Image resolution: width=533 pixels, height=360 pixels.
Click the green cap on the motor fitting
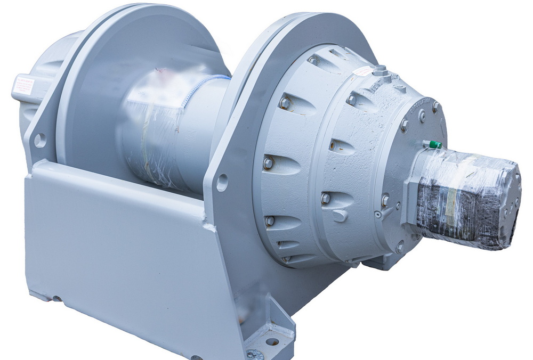(x=435, y=144)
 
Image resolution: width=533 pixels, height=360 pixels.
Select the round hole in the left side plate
(x=39, y=140)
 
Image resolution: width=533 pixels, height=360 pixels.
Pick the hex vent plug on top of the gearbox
(x=379, y=70)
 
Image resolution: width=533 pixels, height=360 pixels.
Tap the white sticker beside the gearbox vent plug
(x=362, y=71)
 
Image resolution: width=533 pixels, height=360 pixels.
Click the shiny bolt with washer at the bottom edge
(x=251, y=354)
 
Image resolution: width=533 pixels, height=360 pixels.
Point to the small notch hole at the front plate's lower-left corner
(x=56, y=299)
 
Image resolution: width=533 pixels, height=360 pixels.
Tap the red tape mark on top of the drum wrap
(x=160, y=80)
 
